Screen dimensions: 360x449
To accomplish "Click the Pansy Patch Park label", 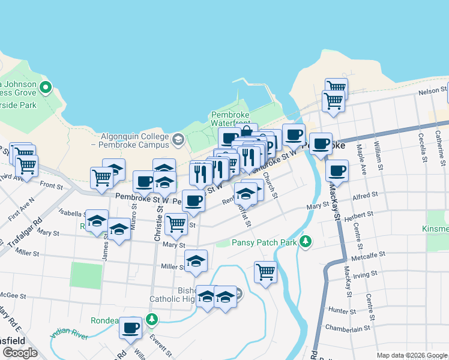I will [x=265, y=243].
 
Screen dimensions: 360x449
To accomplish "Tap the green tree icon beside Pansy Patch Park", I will [x=306, y=241].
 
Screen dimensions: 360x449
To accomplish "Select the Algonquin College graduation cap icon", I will [x=178, y=140].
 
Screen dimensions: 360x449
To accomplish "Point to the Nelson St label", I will [x=433, y=91].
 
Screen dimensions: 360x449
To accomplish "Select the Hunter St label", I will [x=343, y=310].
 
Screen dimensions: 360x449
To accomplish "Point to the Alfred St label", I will [x=366, y=196].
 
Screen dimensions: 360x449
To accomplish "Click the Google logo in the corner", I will [x=20, y=353].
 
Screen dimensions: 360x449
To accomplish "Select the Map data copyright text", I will [x=411, y=355].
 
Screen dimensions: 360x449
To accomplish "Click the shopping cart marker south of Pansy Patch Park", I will [x=265, y=272].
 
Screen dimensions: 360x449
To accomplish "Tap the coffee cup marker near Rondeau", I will [x=131, y=328].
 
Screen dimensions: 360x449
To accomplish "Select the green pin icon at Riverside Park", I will [x=46, y=89].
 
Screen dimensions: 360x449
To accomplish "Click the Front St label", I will [x=52, y=185].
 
